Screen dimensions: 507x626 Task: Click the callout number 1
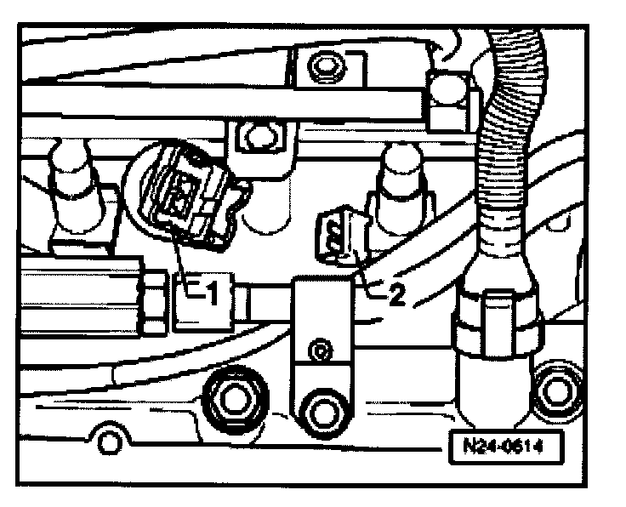(x=212, y=293)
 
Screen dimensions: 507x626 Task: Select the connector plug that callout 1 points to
(x=183, y=200)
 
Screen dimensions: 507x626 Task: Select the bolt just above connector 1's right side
(x=253, y=133)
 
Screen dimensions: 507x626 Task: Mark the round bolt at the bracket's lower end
(x=324, y=411)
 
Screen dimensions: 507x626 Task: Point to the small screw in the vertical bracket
(x=319, y=349)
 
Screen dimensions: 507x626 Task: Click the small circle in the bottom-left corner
(x=108, y=442)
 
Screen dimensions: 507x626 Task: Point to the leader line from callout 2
(x=362, y=272)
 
